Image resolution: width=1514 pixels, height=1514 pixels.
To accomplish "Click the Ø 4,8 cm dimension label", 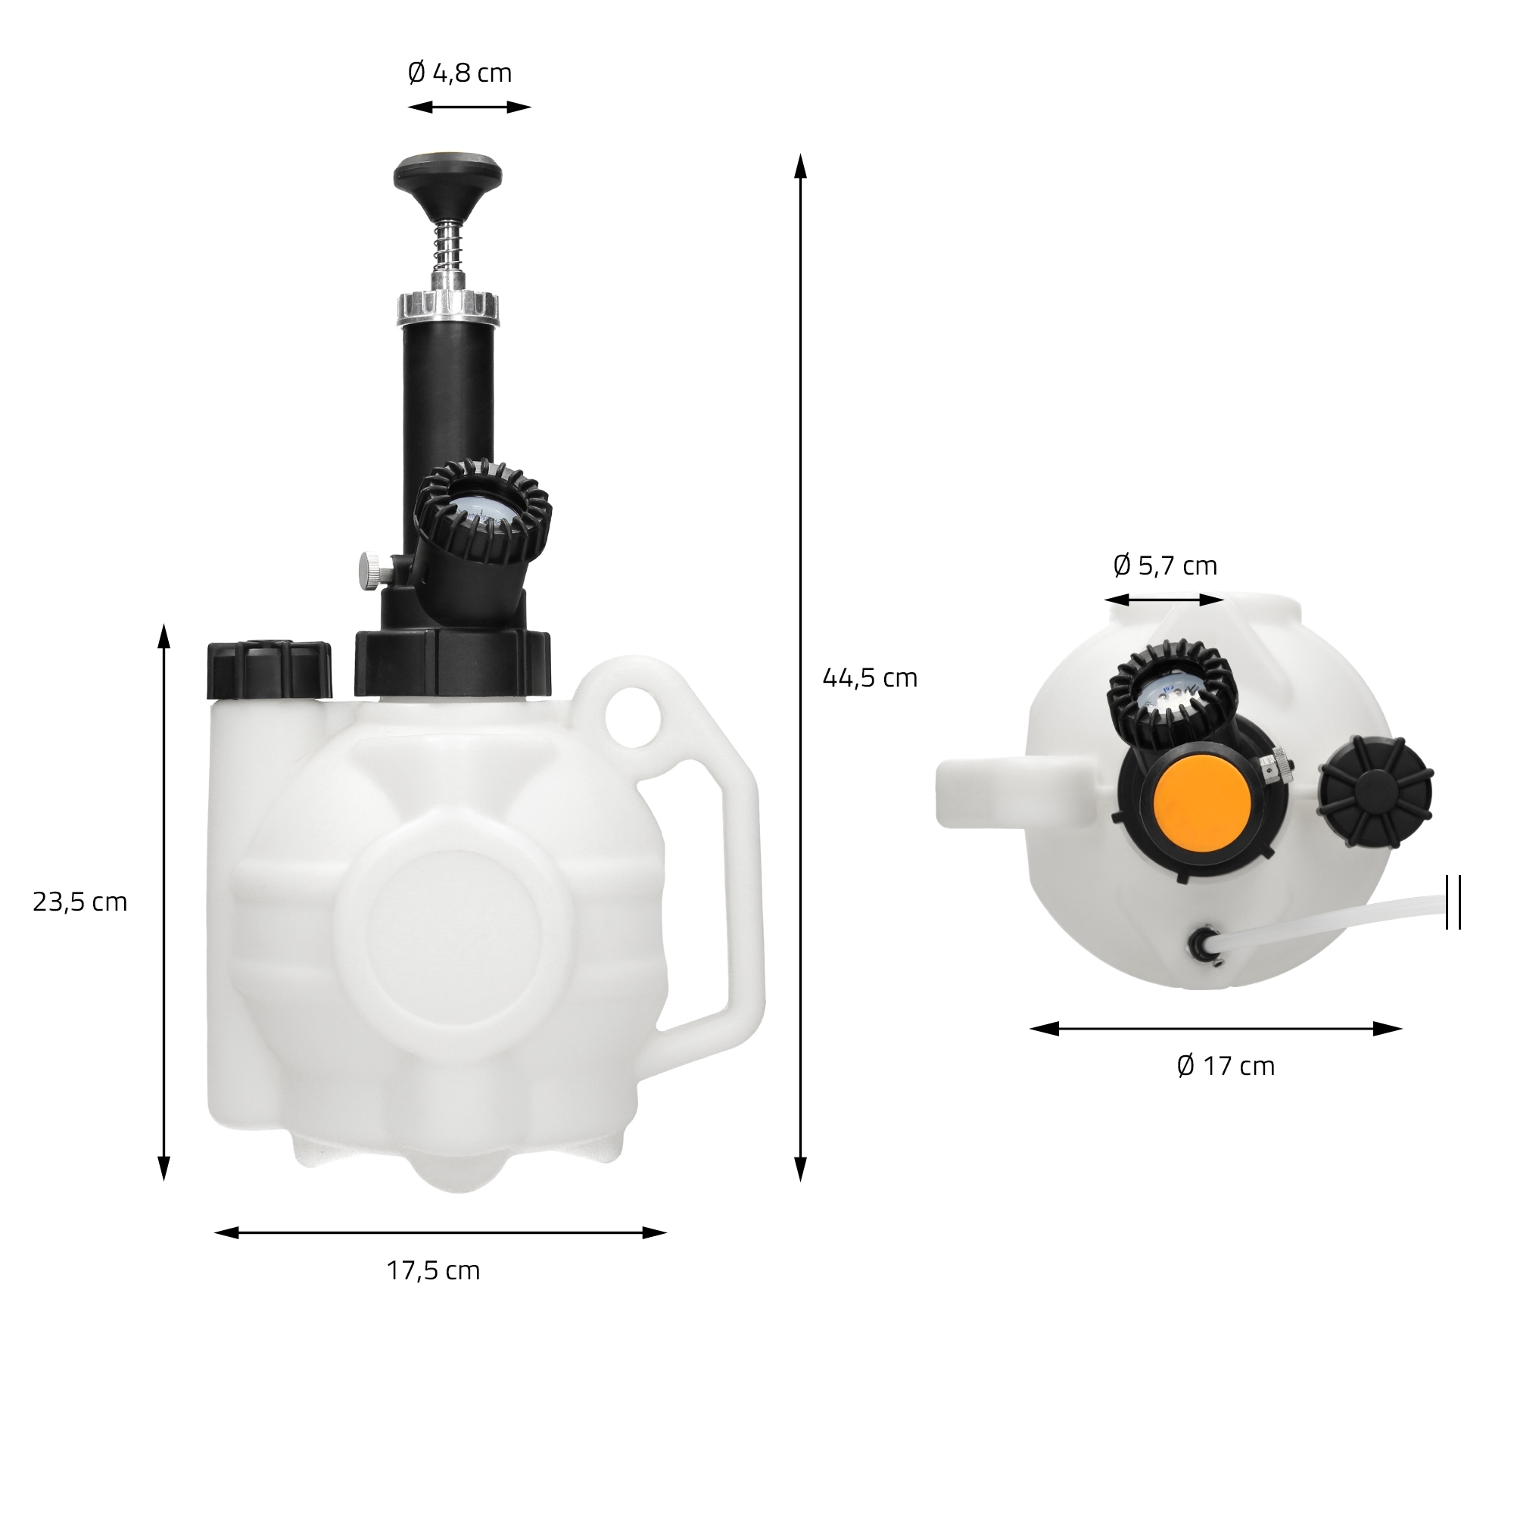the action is click(x=460, y=73).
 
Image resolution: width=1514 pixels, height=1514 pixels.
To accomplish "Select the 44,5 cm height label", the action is click(x=870, y=677).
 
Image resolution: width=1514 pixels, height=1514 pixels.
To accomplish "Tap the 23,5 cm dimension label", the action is click(x=80, y=902).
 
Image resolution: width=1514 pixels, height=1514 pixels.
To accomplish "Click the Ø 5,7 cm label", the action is click(x=1165, y=565).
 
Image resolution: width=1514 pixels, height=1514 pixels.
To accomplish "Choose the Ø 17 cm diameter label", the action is click(x=1226, y=1066).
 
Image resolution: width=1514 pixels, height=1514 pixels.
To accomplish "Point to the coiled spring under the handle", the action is click(x=447, y=243).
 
